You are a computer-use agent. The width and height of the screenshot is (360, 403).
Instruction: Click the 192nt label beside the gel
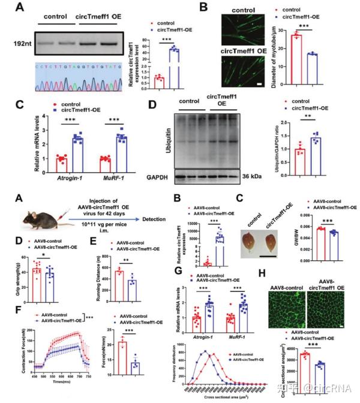pos(20,44)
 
